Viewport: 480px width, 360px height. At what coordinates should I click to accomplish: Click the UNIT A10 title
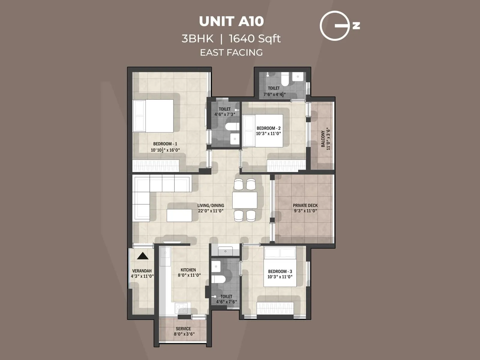(231, 21)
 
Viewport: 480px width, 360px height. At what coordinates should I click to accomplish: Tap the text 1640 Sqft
(255, 39)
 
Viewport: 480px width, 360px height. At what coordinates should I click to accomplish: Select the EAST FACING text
(231, 52)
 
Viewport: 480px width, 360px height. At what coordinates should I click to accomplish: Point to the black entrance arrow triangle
(143, 256)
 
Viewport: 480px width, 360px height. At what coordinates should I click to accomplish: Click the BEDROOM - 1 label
(165, 144)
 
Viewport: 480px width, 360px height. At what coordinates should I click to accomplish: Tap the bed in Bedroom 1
(153, 116)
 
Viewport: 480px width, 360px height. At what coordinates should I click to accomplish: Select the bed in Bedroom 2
(262, 131)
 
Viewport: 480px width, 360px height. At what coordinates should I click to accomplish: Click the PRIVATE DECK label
(305, 205)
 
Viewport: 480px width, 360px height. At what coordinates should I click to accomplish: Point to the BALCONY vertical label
(323, 139)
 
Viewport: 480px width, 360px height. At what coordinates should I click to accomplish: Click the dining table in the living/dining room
(244, 200)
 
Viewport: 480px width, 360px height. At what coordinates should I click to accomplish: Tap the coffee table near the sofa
(179, 215)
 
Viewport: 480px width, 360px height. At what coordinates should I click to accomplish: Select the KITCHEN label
(188, 270)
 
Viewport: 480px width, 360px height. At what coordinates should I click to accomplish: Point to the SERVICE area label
(183, 329)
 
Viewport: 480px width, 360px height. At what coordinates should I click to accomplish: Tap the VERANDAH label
(142, 271)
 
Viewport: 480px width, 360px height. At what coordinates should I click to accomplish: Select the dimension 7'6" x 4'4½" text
(274, 94)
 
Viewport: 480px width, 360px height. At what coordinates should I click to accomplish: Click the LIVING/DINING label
(211, 205)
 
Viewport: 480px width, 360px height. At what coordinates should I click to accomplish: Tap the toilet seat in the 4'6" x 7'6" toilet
(218, 279)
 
